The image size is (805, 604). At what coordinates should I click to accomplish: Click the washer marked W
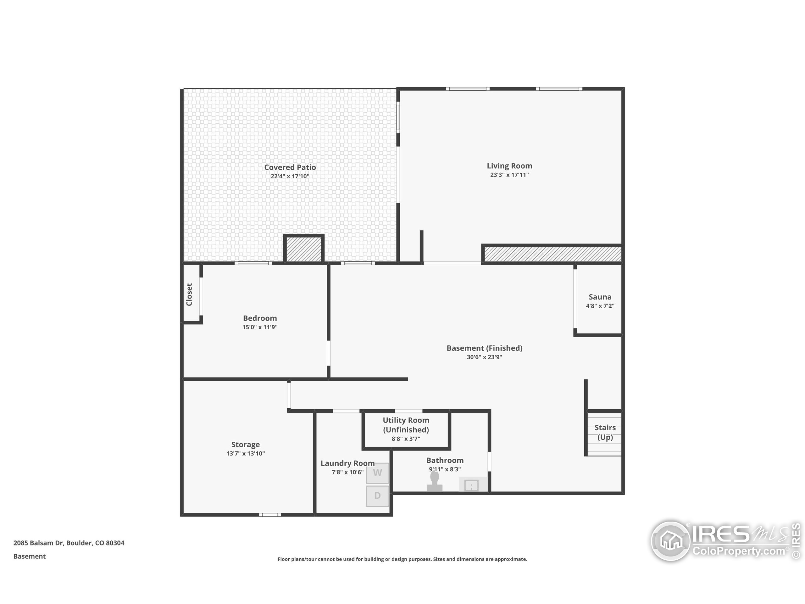tap(377, 473)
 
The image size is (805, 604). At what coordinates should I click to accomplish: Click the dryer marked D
tap(377, 495)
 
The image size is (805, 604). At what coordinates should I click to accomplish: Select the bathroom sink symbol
tap(472, 485)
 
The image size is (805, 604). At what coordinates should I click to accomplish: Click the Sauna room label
tap(600, 297)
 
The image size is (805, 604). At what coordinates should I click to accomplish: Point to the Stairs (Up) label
tap(605, 433)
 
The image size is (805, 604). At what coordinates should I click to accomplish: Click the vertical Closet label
tap(189, 294)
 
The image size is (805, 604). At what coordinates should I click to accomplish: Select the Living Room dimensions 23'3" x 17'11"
tap(509, 175)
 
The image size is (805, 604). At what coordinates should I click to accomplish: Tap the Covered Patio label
tap(290, 167)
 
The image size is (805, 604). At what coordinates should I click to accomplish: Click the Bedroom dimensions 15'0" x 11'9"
tap(260, 327)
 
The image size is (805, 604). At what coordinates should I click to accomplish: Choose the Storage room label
tap(245, 445)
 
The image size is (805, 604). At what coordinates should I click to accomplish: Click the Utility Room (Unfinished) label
tap(406, 425)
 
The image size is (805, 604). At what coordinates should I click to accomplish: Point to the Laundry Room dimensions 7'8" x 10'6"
tap(347, 472)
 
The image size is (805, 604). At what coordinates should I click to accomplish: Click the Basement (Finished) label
tap(484, 348)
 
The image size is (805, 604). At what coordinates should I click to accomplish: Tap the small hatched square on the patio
tap(304, 249)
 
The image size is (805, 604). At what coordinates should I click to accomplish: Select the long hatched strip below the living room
tap(552, 254)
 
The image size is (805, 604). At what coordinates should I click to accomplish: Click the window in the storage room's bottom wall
tap(270, 514)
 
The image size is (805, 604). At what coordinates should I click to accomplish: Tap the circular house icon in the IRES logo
tap(670, 541)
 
